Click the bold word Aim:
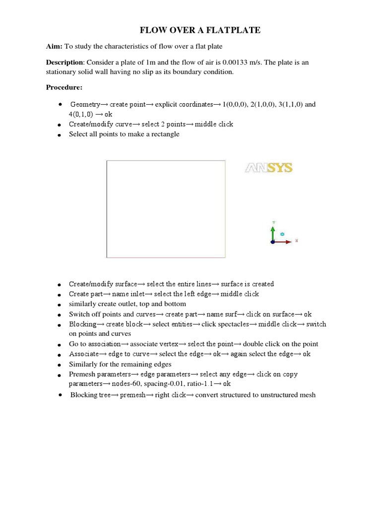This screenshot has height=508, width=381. [x=54, y=46]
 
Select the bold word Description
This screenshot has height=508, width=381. [x=64, y=63]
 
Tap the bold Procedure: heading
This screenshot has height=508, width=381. [x=64, y=88]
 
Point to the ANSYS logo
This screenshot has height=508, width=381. [x=269, y=168]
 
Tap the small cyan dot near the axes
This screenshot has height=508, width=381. [x=282, y=233]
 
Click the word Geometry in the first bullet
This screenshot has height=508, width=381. [x=85, y=105]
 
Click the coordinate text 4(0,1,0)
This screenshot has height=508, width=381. [x=81, y=114]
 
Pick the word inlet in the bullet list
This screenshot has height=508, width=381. [x=133, y=294]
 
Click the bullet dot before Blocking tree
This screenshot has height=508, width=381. [x=60, y=395]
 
